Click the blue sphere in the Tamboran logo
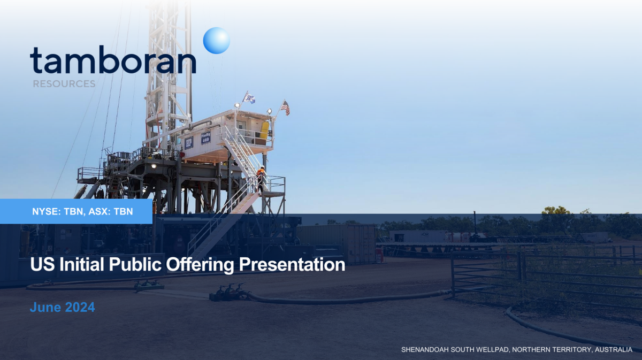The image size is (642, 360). tap(217, 41)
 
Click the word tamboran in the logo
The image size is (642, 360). tap(112, 60)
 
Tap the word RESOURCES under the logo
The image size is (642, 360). tap(64, 84)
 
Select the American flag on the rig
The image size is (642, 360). tap(285, 108)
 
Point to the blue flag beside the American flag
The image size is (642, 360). tap(249, 98)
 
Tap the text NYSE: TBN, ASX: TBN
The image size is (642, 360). tap(82, 212)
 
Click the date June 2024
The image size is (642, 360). tap(62, 308)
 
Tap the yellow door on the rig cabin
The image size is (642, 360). tap(264, 131)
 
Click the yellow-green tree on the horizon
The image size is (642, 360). tap(556, 211)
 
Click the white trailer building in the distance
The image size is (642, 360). tap(418, 236)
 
